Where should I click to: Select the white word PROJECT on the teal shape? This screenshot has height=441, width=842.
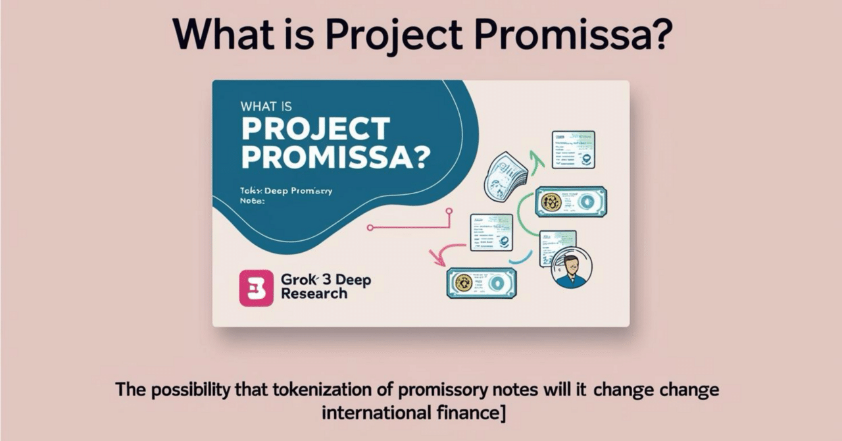click(x=316, y=130)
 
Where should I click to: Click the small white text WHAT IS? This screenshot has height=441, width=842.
click(x=266, y=106)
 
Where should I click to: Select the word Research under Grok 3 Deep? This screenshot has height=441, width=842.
click(x=314, y=294)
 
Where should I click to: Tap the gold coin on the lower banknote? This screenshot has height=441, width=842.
click(x=463, y=282)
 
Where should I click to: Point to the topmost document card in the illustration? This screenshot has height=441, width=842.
click(x=573, y=149)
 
